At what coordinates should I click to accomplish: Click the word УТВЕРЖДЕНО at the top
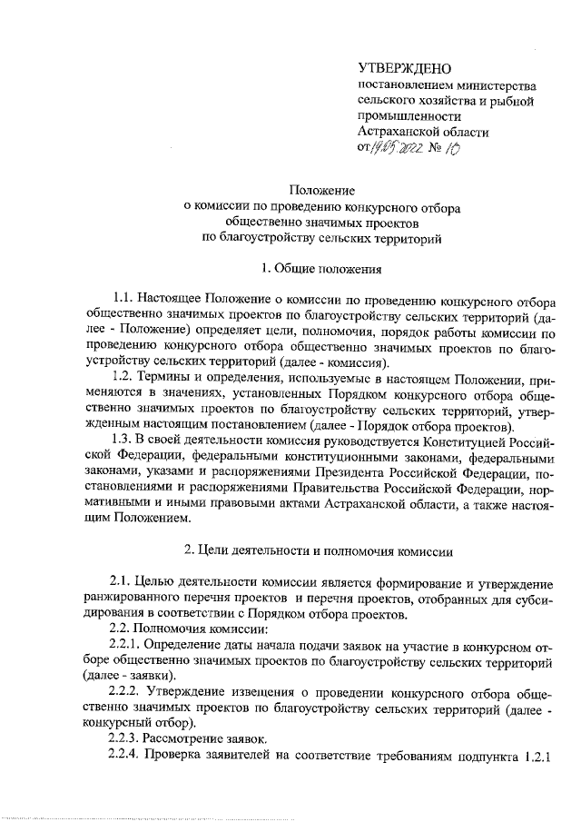tap(404, 68)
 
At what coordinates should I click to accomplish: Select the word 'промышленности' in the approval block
tap(409, 116)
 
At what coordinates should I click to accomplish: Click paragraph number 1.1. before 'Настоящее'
tap(124, 298)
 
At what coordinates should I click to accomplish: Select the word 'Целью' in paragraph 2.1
tap(168, 580)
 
